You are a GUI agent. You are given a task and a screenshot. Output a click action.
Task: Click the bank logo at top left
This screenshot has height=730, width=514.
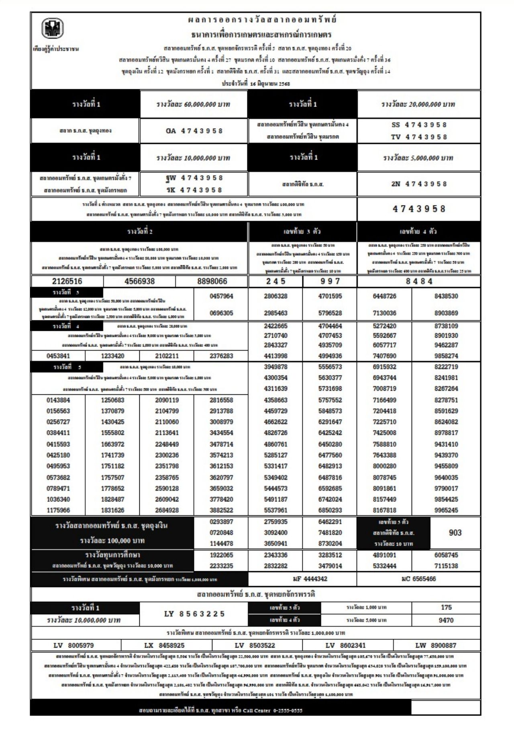point(53,29)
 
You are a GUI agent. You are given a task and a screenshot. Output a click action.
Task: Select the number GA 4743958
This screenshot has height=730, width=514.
point(194,131)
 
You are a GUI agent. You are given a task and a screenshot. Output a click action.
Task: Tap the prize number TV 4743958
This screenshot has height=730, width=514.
point(419,137)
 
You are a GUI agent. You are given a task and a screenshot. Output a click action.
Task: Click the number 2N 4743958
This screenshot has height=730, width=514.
point(419,184)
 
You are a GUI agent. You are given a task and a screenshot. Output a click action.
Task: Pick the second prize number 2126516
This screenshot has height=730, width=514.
point(67,281)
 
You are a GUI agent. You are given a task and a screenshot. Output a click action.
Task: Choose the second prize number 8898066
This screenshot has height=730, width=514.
point(212,281)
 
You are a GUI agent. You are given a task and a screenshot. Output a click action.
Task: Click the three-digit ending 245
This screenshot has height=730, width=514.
point(275,281)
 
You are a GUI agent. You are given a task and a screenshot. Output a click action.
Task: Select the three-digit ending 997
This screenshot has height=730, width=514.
point(330,281)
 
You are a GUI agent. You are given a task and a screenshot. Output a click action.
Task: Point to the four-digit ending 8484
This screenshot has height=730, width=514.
point(419,281)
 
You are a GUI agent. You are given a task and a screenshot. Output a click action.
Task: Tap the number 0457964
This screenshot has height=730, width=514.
point(221,296)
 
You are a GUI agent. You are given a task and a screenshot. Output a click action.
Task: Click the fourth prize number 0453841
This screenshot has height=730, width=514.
point(58,356)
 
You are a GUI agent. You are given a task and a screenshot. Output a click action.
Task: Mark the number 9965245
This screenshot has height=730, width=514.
point(446,510)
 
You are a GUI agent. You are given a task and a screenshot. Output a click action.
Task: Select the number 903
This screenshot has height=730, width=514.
point(455,533)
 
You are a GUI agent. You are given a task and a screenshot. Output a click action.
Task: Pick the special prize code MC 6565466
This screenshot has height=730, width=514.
point(419,579)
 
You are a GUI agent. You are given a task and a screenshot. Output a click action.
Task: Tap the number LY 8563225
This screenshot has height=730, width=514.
point(194,614)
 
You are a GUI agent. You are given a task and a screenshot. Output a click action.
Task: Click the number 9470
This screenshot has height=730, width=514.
point(446,620)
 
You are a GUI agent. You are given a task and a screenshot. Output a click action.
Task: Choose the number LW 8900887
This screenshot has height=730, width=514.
point(436,645)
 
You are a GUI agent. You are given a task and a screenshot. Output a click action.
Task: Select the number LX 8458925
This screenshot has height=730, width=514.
point(164,645)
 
